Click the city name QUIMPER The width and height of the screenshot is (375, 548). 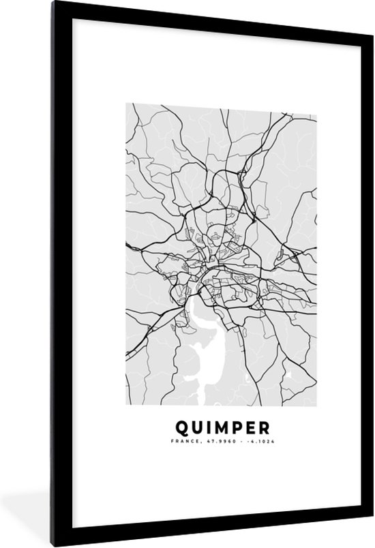click(222, 428)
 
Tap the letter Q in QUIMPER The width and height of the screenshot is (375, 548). click(182, 428)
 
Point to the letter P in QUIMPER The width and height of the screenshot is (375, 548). click(235, 428)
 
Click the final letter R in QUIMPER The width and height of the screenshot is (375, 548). click(263, 428)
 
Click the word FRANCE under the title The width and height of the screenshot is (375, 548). click(184, 442)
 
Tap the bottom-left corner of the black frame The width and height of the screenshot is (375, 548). click(5, 544)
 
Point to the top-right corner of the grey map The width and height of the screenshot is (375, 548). click(317, 104)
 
